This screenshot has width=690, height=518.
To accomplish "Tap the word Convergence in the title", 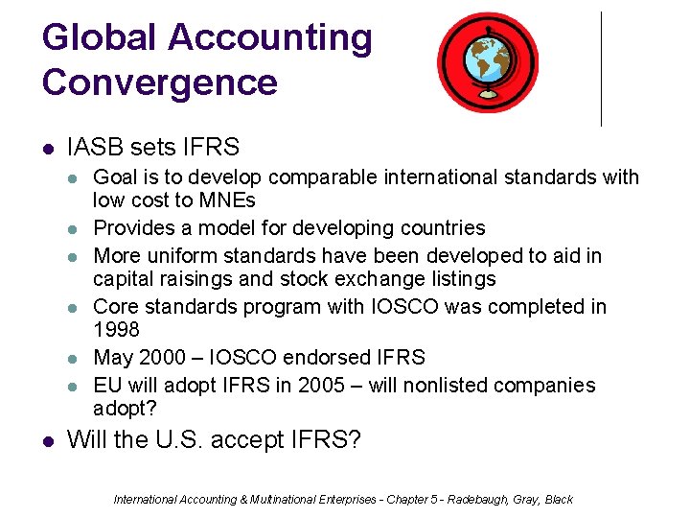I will tap(159, 82).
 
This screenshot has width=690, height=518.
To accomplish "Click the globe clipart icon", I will tap(487, 62).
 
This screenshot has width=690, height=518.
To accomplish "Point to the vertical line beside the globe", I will tap(601, 69).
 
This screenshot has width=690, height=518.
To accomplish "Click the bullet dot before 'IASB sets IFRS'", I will tap(48, 149).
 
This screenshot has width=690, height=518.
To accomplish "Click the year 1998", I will tap(116, 329).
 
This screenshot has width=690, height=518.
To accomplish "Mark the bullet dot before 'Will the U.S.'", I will tap(48, 441).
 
